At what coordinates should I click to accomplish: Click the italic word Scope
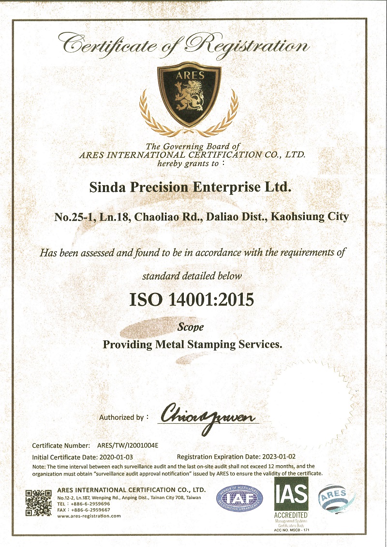pyautogui.click(x=192, y=327)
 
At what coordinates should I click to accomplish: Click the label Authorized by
pyautogui.click(x=121, y=417)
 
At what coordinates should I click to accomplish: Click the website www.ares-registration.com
pyautogui.click(x=89, y=516)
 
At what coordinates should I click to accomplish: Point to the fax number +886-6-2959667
pyautogui.click(x=91, y=510)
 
